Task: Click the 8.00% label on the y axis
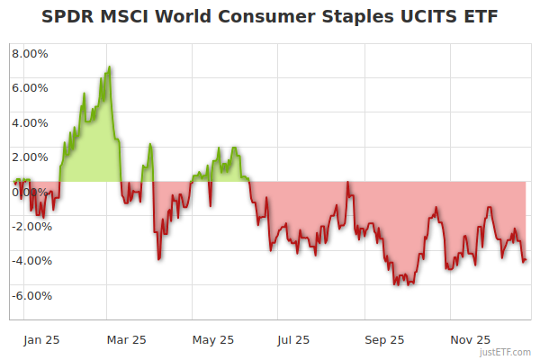click(30, 53)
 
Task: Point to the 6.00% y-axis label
click(30, 88)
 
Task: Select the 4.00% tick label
click(30, 122)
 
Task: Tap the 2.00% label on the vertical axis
click(30, 157)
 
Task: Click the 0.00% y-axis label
click(30, 192)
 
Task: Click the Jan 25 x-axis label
click(41, 340)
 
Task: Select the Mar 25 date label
click(126, 340)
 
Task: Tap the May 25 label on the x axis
click(213, 340)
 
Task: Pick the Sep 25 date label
click(384, 340)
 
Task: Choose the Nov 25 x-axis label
click(470, 340)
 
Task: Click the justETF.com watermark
click(506, 352)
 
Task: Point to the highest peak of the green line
click(109, 67)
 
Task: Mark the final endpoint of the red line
click(526, 261)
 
